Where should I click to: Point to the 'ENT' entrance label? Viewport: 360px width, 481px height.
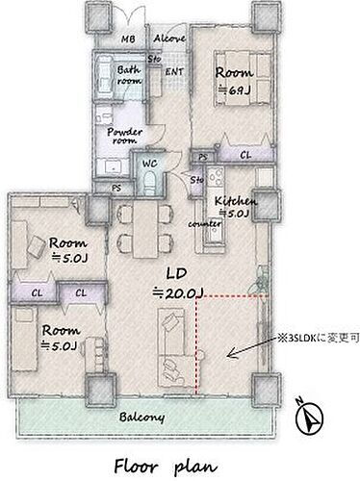[x=175, y=72]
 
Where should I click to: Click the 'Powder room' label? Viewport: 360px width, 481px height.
[x=124, y=136]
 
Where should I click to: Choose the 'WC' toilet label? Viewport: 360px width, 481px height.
[x=150, y=165]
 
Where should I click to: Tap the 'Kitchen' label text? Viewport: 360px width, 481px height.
[x=235, y=200]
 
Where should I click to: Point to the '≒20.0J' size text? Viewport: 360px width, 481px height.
[x=174, y=290]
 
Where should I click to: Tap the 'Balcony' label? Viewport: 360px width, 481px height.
[x=141, y=417]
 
